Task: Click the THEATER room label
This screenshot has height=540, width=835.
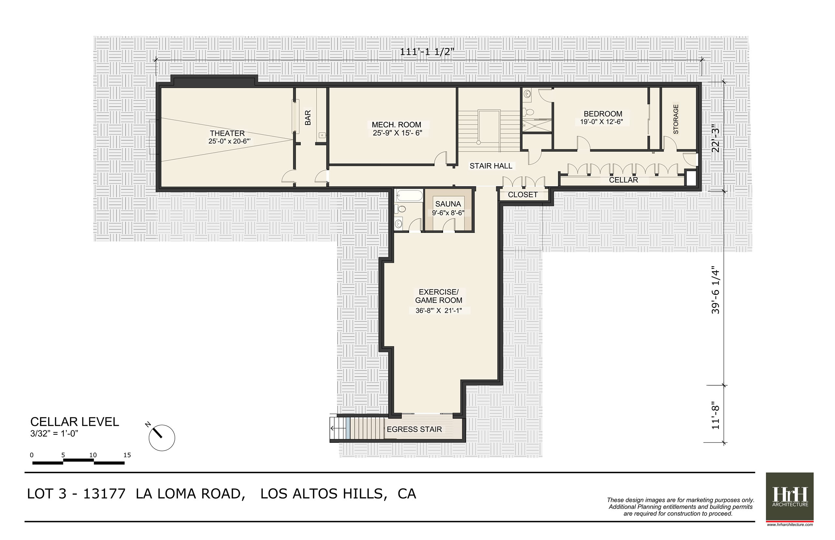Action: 227,133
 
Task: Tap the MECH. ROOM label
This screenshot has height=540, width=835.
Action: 396,125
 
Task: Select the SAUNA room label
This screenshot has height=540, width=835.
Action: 448,204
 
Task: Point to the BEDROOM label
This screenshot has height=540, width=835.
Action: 603,114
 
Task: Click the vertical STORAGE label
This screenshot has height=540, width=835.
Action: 676,119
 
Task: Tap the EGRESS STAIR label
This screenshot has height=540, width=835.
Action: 414,429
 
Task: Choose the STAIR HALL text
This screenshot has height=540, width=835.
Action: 491,166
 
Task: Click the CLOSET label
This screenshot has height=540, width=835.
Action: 523,195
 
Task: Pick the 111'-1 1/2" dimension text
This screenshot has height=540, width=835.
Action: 427,52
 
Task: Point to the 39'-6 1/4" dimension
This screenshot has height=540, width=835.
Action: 715,291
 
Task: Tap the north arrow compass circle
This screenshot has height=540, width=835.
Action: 162,438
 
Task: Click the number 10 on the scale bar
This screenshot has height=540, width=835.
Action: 93,455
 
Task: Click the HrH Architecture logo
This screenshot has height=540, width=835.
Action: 789,497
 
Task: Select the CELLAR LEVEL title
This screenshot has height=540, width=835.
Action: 75,422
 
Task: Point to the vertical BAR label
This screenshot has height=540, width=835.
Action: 308,117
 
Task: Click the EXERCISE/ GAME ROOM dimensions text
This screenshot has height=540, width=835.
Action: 438,311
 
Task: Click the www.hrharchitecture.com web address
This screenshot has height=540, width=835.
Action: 790,525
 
